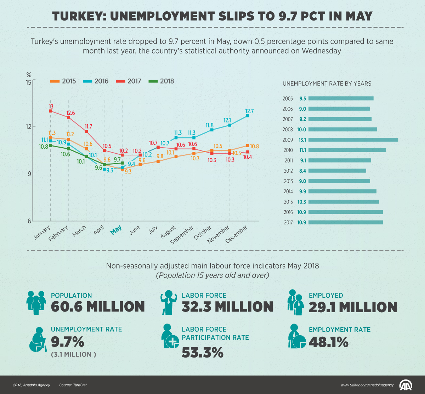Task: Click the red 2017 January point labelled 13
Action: pyautogui.click(x=51, y=111)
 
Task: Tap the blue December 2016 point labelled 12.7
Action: pyautogui.click(x=248, y=116)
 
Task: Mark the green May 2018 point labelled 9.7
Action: pyautogui.click(x=122, y=163)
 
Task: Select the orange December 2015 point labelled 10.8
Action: pyautogui.click(x=248, y=145)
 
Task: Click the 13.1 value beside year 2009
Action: pyautogui.click(x=302, y=139)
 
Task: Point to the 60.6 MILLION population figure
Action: pyautogui.click(x=98, y=307)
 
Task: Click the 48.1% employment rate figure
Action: pyautogui.click(x=328, y=342)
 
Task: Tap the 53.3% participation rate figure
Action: pyautogui.click(x=203, y=352)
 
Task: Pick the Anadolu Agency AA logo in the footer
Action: pyautogui.click(x=406, y=385)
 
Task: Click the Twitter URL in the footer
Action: pyautogui.click(x=367, y=385)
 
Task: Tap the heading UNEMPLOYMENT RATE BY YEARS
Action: pyautogui.click(x=327, y=84)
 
